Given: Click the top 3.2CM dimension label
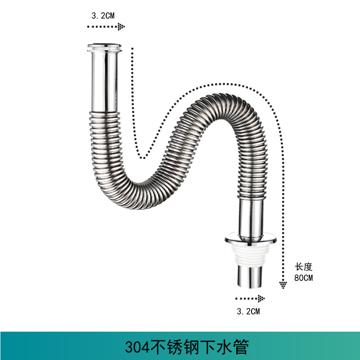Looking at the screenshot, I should pos(103,15).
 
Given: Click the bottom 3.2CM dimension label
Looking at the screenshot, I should pos(248,311).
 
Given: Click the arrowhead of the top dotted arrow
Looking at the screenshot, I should pos(121,27).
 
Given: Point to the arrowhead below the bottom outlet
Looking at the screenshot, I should pos(260,298).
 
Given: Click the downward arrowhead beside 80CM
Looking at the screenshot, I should pos(283,284).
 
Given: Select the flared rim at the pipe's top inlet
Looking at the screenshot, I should pos(105,46).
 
